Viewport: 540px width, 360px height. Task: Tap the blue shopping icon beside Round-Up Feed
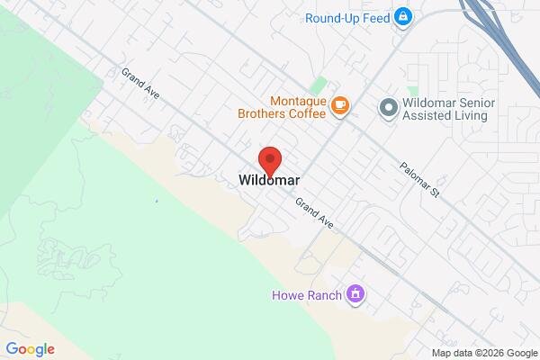click(x=403, y=17)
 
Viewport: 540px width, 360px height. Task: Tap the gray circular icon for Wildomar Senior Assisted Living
click(x=388, y=108)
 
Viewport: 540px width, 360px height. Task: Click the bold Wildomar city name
click(x=269, y=180)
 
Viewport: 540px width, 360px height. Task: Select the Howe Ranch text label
click(x=307, y=294)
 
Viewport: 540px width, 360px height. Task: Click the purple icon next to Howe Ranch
click(x=356, y=293)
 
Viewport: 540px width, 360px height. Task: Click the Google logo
click(x=30, y=349)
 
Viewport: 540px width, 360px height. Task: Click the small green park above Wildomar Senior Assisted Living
click(x=412, y=92)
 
